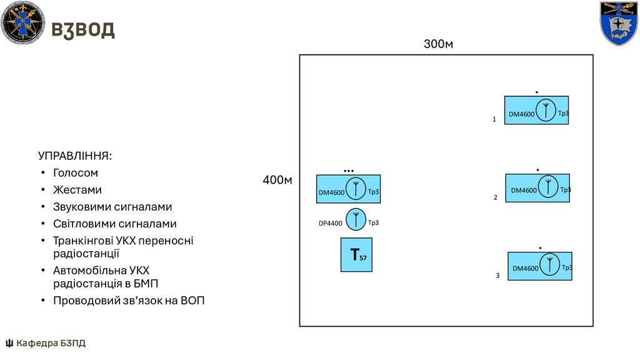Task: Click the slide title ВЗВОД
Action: (82, 29)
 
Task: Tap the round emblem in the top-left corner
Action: (23, 23)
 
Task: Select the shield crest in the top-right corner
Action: (619, 23)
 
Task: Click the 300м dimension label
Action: (438, 44)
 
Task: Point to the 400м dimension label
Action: (277, 181)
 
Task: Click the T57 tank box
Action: (356, 255)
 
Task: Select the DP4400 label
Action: (331, 223)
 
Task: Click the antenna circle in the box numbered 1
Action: (546, 111)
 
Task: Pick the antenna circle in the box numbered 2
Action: (548, 187)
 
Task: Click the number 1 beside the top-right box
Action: (494, 119)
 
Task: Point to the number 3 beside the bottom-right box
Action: (498, 275)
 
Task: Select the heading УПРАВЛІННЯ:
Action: (75, 155)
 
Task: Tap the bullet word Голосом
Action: (75, 172)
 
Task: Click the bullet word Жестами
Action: (77, 189)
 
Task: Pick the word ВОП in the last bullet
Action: (192, 301)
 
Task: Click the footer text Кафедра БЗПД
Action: (51, 343)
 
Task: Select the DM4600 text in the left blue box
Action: (332, 193)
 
